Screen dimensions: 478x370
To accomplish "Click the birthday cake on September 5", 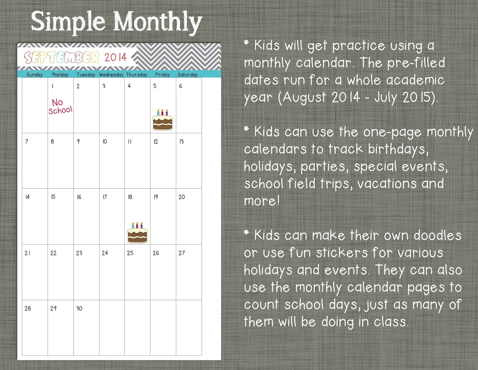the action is coord(163,120).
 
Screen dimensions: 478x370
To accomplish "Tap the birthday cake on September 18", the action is coord(137,233).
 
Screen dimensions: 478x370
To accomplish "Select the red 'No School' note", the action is coord(60,106).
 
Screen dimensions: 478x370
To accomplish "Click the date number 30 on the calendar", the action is coord(79,308).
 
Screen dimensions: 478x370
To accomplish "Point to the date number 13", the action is coord(181,141).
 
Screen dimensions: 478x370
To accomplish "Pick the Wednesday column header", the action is coord(111,75).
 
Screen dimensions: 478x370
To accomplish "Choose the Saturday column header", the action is coord(187,75).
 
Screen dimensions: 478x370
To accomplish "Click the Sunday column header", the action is coord(35,75).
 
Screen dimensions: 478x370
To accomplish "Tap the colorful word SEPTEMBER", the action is coord(62,57).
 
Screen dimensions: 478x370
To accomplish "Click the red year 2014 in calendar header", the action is coord(116,57).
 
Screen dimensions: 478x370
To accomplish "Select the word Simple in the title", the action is coord(68,22).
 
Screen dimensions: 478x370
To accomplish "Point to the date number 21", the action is coord(27,253).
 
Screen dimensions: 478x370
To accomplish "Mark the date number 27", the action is coord(182,253).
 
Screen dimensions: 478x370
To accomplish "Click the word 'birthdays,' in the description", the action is coord(398,149).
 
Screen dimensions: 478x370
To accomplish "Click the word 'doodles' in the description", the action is coord(438,235).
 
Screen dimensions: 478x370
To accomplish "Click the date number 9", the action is coord(78,141).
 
